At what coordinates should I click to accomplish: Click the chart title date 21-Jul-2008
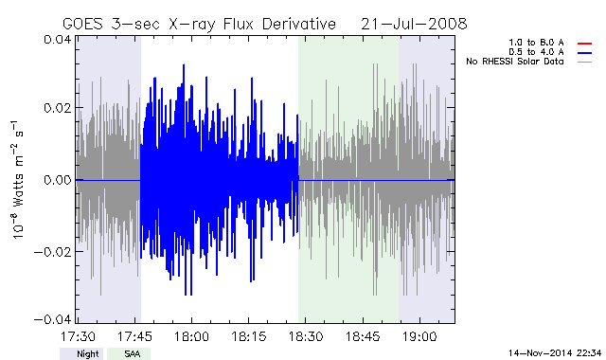pos(414,24)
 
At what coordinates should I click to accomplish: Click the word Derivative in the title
pos(299,24)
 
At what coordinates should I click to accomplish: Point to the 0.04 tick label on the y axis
pos(57,40)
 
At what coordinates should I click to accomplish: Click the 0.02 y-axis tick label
pos(57,108)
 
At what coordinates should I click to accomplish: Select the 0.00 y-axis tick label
pos(57,180)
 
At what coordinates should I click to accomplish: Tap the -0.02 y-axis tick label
pos(53,252)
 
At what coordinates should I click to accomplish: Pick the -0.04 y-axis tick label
pos(53,319)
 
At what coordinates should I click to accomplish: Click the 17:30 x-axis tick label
pos(78,336)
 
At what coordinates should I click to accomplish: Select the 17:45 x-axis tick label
pos(134,336)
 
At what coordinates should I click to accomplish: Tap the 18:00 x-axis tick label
pos(191,336)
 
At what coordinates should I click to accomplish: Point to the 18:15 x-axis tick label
pos(249,336)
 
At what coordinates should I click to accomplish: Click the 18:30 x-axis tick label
pos(306,336)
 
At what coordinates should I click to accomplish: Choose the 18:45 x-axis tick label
pos(363,336)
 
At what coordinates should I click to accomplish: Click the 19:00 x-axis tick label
pos(419,336)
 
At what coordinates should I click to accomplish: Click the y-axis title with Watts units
pos(18,180)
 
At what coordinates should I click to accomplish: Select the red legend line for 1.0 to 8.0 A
pos(585,44)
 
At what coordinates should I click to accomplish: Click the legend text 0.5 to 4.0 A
pos(536,52)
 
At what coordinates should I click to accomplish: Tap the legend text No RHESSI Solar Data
pos(515,62)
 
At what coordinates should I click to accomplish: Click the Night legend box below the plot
pos(81,353)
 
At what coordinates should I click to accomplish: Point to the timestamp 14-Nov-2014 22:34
pos(555,353)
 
